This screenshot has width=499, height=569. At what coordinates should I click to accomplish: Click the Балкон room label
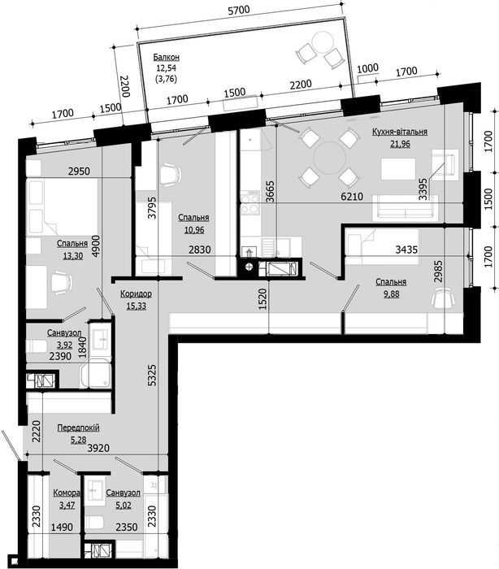pos(166,57)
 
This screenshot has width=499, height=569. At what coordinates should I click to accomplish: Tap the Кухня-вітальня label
pos(400,132)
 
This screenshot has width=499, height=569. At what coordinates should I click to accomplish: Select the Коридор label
pos(136,293)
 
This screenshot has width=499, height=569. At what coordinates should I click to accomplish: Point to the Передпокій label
pos(78,428)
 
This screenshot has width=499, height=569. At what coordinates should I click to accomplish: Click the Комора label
pos(67,493)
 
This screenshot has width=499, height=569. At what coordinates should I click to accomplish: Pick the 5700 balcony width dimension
pos(238,10)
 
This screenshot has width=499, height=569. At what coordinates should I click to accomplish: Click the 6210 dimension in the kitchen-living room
pos(352,197)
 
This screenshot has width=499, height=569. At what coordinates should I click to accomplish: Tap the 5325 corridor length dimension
pos(153,376)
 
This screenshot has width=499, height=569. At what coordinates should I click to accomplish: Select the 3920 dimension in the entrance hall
pos(98,448)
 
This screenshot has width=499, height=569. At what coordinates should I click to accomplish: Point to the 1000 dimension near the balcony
pos(368,67)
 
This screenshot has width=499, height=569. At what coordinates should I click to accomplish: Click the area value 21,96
pos(400,144)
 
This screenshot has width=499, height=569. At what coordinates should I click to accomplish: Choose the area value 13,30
pos(73,256)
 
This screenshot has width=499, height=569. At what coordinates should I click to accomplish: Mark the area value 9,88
pos(391,294)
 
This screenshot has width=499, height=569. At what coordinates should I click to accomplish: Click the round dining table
pos(329,158)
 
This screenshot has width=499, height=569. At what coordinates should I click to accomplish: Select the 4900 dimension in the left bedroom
pos(96,246)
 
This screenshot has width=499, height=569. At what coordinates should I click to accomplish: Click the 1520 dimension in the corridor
pos(263,299)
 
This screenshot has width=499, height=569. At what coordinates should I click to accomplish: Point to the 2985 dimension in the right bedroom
pos(439,271)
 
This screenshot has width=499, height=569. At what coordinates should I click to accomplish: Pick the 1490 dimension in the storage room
pos(62,527)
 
